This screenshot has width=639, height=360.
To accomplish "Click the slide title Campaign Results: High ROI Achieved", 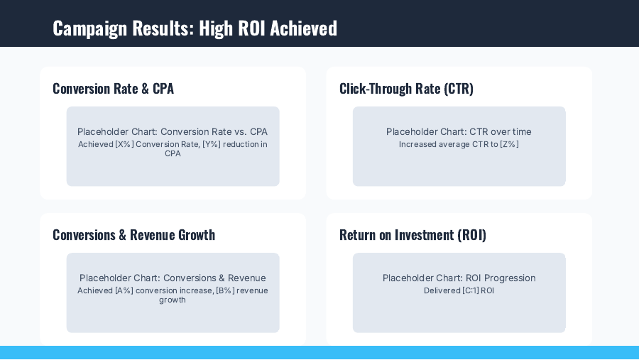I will tap(195, 28).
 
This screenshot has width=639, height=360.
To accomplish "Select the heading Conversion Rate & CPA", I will tap(113, 89).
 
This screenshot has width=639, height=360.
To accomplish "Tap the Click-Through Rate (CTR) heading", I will tap(406, 89).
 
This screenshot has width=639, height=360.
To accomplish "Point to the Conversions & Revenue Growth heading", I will tap(133, 235).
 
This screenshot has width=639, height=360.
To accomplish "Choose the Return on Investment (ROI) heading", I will tap(413, 235).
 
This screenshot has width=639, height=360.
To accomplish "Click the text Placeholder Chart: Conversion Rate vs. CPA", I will tap(173, 131).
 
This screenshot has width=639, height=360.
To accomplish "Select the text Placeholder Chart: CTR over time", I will tap(459, 131).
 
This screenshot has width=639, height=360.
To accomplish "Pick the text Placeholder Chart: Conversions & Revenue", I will tap(173, 278).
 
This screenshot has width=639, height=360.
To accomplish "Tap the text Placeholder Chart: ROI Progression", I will tap(459, 278).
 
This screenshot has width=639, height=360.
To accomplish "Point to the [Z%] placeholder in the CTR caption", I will tap(509, 145).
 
